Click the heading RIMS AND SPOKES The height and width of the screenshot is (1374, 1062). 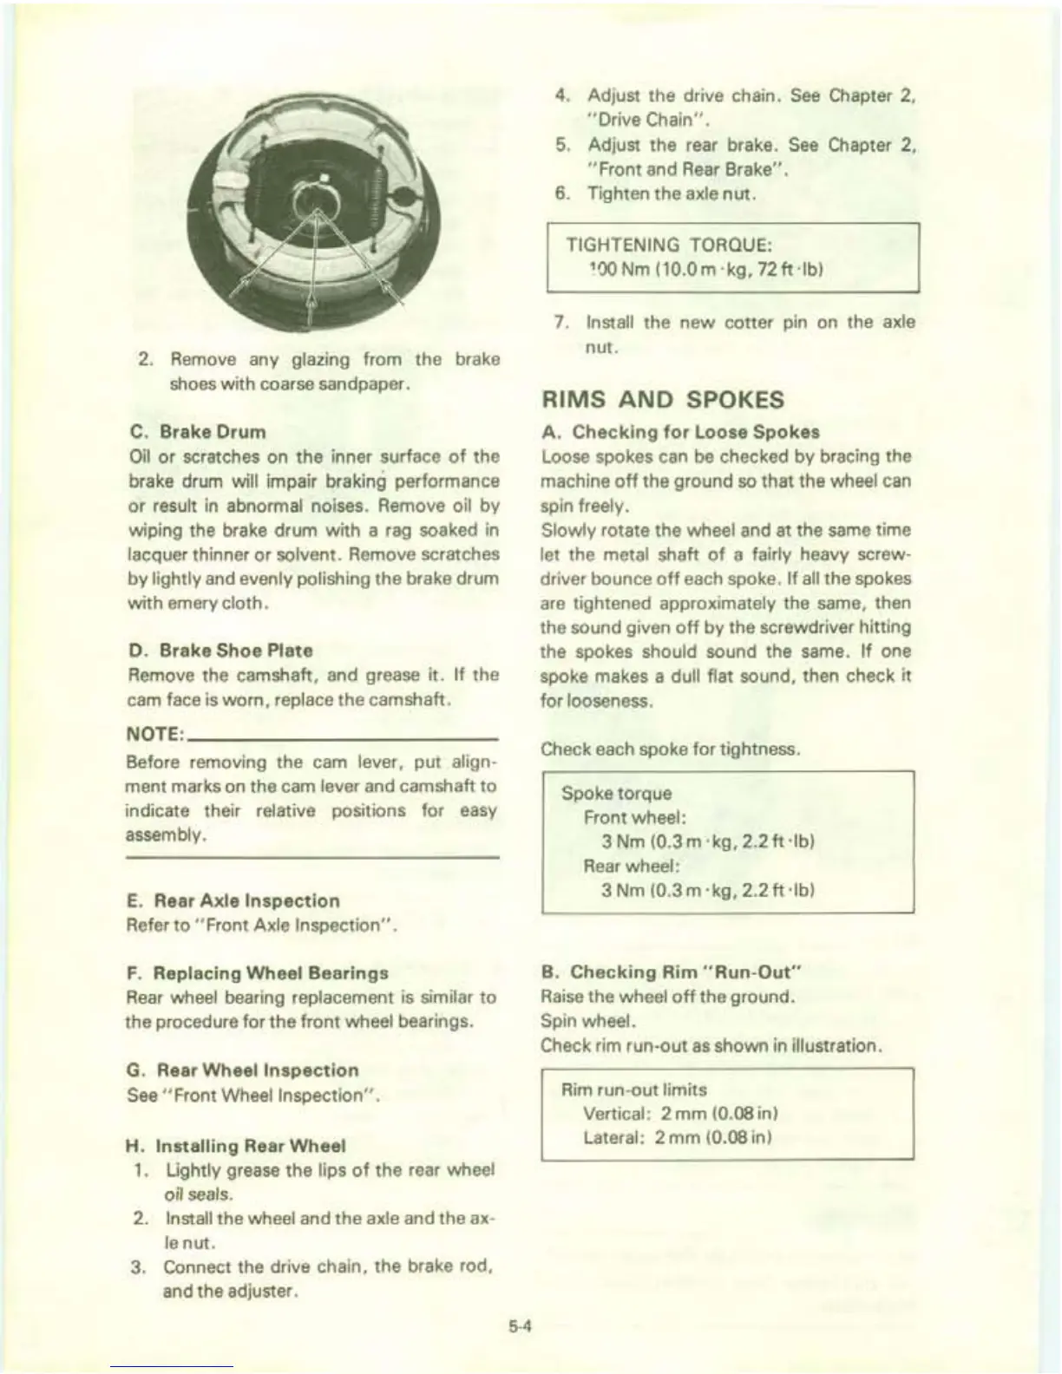662,400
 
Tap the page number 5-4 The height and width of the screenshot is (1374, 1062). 520,1325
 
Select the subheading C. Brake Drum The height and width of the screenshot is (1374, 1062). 197,432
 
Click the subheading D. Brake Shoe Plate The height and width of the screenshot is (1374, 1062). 220,651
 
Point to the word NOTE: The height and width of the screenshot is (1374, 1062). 154,735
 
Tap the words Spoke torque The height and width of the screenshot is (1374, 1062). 616,794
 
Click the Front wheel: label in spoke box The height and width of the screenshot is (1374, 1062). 635,817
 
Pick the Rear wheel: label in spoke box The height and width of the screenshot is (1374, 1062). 631,866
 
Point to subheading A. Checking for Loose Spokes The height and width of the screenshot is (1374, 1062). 680,432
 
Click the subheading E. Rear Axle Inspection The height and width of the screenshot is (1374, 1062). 233,900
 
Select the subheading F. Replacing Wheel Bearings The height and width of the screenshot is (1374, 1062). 258,973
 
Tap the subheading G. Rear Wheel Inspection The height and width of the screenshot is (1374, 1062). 243,1070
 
